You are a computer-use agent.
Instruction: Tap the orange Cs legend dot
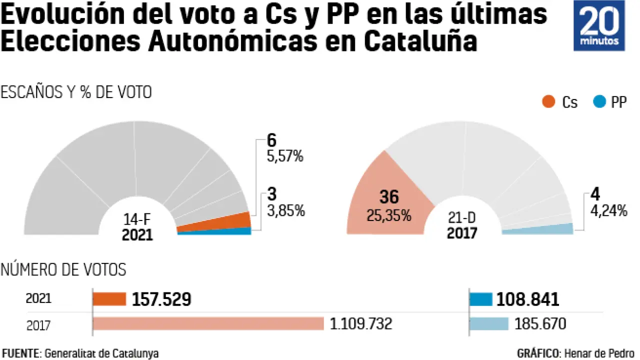[x=548, y=102]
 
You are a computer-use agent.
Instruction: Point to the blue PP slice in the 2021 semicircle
[x=215, y=231]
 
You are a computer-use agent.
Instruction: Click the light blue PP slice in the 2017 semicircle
[x=537, y=230]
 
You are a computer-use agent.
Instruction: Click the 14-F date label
[x=137, y=219]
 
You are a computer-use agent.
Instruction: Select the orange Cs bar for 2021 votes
[x=109, y=299]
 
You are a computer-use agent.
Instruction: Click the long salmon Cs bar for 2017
[x=208, y=323]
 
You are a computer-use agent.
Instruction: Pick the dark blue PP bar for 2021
[x=481, y=299]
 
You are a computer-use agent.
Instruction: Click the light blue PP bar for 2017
[x=489, y=323]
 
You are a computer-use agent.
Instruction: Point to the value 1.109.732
[x=360, y=324]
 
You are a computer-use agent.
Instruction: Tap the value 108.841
[x=527, y=299]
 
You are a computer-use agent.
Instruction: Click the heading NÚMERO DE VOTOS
[x=63, y=270]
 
